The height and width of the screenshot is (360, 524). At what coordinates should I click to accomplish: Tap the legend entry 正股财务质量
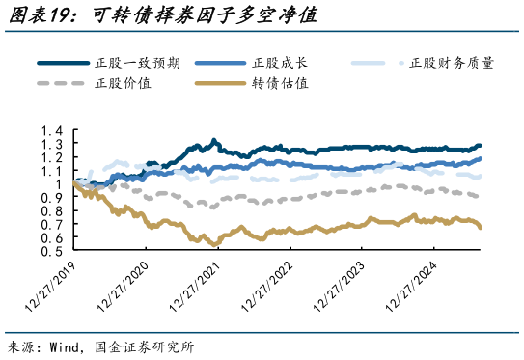[452, 63]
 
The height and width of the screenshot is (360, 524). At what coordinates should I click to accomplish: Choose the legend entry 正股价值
[122, 83]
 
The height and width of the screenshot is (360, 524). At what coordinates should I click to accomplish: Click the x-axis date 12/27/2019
[53, 287]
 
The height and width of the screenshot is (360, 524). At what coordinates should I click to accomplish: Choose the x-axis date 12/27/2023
[339, 287]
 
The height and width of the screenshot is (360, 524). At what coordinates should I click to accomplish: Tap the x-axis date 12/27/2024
[410, 287]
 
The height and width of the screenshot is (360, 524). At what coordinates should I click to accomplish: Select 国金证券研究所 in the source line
[149, 346]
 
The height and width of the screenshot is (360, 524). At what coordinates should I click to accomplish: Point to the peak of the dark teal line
[213, 140]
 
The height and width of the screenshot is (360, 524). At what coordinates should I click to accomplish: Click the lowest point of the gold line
[213, 243]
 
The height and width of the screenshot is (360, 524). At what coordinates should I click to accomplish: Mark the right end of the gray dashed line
[480, 196]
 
